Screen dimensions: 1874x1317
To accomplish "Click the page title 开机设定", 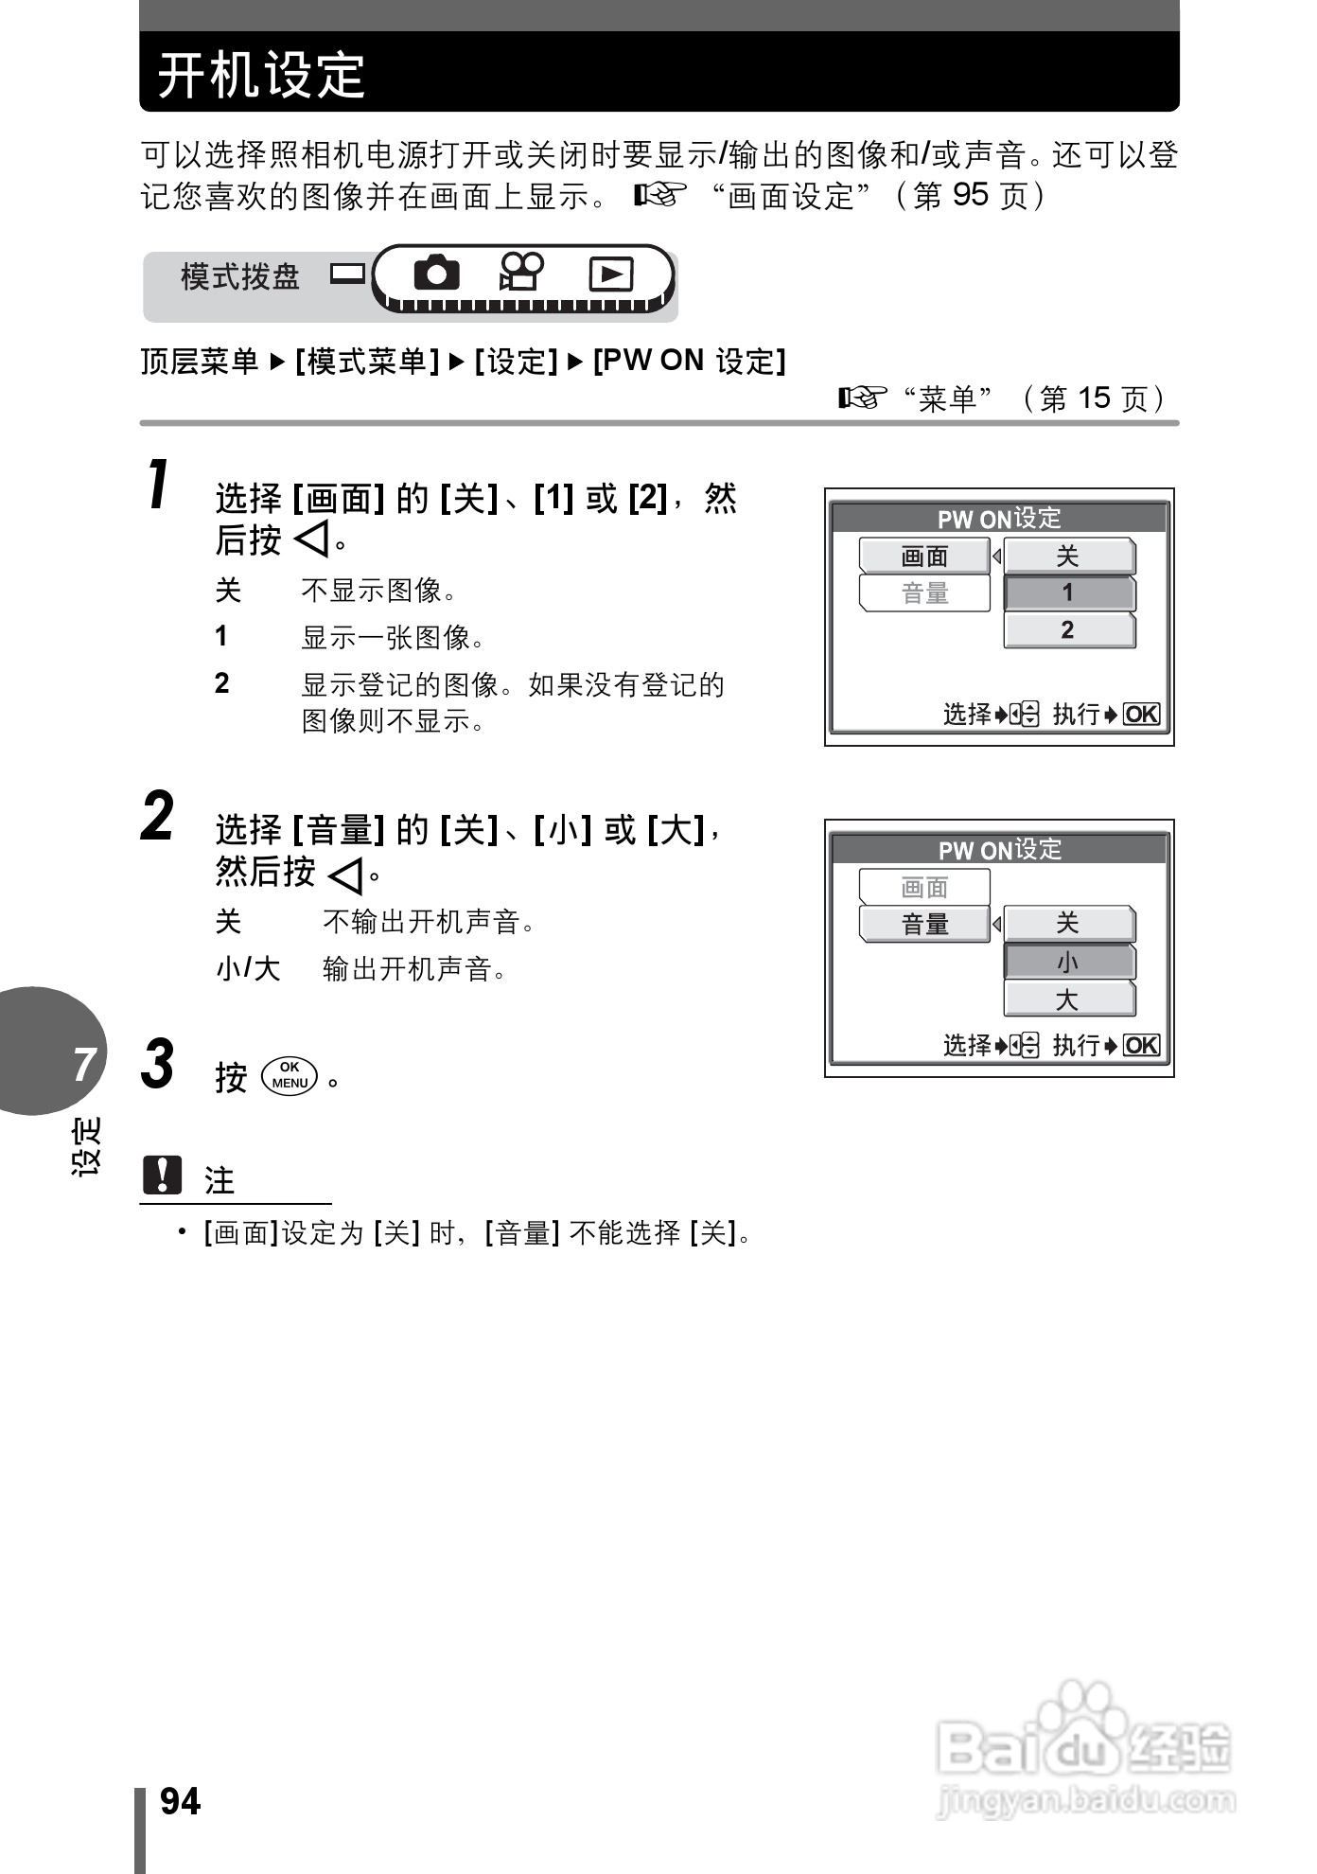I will tap(261, 75).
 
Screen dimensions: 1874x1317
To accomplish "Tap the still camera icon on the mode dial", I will tap(436, 274).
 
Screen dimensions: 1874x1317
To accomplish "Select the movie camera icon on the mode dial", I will tap(521, 274).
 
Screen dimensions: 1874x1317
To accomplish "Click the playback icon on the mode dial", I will tap(610, 274).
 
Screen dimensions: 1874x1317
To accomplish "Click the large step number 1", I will tap(159, 485).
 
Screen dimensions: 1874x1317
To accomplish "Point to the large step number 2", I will tap(158, 816).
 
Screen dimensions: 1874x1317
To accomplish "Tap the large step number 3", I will tap(158, 1064).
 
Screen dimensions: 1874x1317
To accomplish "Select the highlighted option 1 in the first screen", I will tap(1068, 593).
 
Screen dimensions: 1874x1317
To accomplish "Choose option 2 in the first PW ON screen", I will tap(1068, 630).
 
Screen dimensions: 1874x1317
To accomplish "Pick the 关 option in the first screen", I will tap(1068, 557).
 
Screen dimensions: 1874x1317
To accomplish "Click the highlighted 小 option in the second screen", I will tap(1068, 963).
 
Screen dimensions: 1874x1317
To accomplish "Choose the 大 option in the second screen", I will tap(1068, 999).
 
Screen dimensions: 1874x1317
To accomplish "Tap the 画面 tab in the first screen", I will tap(924, 557).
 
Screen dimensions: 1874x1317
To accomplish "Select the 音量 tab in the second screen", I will tap(924, 924).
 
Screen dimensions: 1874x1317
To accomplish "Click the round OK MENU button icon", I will tap(290, 1075).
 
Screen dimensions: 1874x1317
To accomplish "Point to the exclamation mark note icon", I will tap(162, 1176).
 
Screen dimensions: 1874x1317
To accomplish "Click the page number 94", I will tap(181, 1802).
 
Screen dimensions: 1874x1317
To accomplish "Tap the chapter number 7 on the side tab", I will tap(85, 1064).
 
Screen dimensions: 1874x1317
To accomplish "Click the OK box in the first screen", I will tap(1141, 715).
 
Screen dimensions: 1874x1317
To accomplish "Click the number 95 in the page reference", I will tap(970, 195).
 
